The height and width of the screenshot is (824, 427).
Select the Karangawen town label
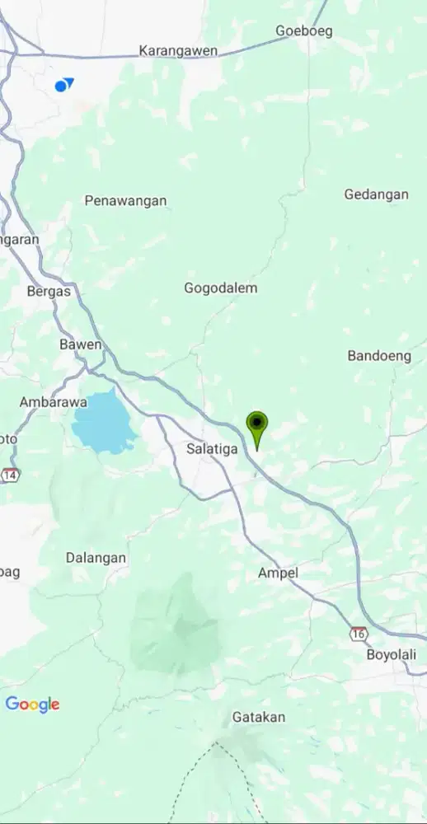click(178, 51)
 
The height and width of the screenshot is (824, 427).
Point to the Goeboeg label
click(303, 30)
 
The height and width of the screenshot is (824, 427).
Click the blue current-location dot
click(61, 86)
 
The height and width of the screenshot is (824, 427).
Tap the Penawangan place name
click(125, 200)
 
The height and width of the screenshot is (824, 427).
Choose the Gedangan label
click(376, 194)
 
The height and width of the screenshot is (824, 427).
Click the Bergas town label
click(49, 291)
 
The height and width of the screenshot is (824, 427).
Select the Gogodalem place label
click(220, 288)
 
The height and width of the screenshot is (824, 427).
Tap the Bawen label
click(81, 344)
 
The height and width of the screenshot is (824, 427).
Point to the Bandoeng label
click(379, 356)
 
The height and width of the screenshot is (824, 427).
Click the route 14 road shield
click(11, 475)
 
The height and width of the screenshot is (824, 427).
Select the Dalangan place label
click(96, 558)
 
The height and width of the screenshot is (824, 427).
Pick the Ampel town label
click(278, 573)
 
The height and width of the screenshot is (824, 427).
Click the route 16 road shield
click(358, 634)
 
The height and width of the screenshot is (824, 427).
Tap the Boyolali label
click(391, 654)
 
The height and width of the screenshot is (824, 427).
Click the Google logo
click(32, 705)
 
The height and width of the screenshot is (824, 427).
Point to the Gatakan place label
click(259, 717)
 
